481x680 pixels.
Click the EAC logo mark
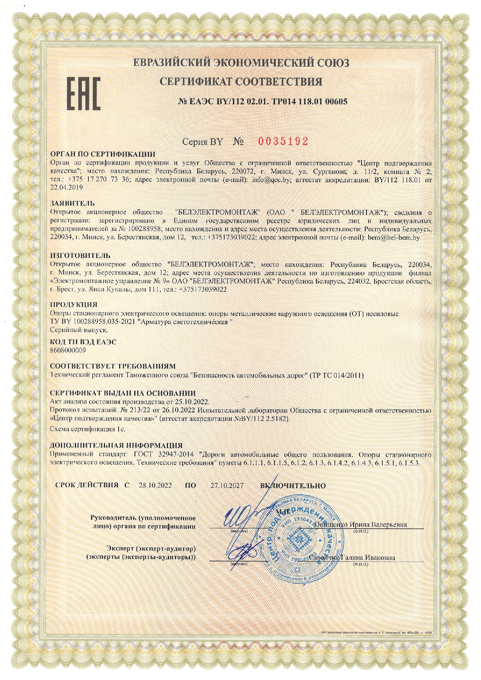pyautogui.click(x=84, y=93)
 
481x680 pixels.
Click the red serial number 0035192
pyautogui.click(x=283, y=141)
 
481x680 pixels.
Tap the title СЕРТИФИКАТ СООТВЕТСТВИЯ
pyautogui.click(x=241, y=81)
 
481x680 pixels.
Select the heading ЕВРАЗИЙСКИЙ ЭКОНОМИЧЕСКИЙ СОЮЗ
pyautogui.click(x=241, y=62)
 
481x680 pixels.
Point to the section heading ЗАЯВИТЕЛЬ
pyautogui.click(x=73, y=203)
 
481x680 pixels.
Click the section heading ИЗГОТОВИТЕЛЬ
pyautogui.click(x=80, y=255)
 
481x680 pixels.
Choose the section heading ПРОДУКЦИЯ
pyautogui.click(x=74, y=304)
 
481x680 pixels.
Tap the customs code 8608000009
pyautogui.click(x=68, y=350)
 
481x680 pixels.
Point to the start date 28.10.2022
pyautogui.click(x=155, y=485)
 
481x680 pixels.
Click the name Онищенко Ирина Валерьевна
pyautogui.click(x=361, y=525)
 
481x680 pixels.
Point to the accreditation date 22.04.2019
pyautogui.click(x=67, y=187)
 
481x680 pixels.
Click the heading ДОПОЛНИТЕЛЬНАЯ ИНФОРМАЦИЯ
pyautogui.click(x=116, y=445)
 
